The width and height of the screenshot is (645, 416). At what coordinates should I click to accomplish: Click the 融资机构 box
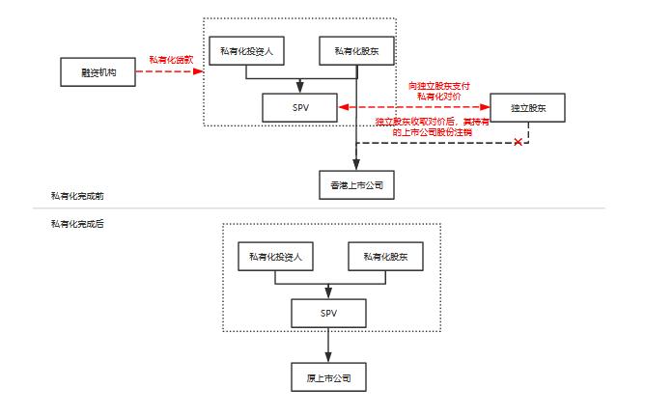tap(97, 71)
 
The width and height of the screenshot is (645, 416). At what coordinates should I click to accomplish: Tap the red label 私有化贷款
tap(169, 60)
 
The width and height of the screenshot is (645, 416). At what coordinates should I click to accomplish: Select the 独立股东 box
tap(527, 107)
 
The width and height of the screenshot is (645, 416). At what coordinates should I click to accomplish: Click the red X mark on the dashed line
tap(519, 143)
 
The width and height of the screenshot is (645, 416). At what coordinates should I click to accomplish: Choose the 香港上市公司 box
tap(356, 184)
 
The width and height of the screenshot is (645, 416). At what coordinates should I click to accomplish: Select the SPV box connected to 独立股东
tap(300, 107)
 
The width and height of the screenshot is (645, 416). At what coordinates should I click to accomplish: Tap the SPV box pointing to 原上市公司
tap(329, 314)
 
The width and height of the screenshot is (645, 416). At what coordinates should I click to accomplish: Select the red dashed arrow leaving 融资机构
tap(169, 71)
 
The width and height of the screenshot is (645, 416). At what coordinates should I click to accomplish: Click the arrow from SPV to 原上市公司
tap(329, 345)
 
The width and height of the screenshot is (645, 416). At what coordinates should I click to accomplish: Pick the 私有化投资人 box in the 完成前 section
tap(249, 50)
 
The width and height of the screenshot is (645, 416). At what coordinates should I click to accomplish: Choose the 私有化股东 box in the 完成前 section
tap(356, 50)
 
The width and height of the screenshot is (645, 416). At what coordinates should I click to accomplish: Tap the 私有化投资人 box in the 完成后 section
tap(276, 256)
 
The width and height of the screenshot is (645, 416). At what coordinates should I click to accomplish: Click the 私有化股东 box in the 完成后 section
tap(385, 256)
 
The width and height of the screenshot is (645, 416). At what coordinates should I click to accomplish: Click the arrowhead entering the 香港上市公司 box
tap(356, 166)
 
